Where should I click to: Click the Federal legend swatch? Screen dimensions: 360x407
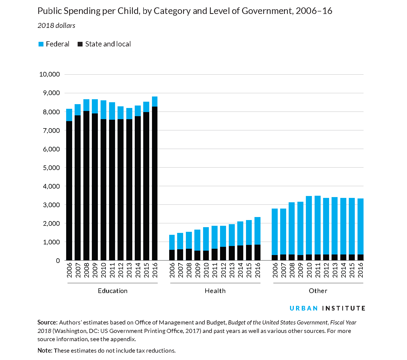pyautogui.click(x=41, y=44)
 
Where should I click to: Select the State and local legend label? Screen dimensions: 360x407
pyautogui.click(x=108, y=44)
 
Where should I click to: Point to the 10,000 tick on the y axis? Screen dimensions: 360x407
pyautogui.click(x=49, y=74)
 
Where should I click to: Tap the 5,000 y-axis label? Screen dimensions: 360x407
pyautogui.click(x=51, y=168)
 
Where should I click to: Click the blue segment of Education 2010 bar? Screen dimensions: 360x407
pyautogui.click(x=103, y=110)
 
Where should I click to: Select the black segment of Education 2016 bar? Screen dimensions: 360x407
pyautogui.click(x=155, y=183)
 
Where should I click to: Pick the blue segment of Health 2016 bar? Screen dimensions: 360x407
pyautogui.click(x=257, y=231)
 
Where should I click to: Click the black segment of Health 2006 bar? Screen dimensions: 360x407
pyautogui.click(x=172, y=255)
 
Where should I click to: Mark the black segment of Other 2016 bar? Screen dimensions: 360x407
pyautogui.click(x=361, y=257)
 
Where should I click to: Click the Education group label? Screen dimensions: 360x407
pyautogui.click(x=113, y=291)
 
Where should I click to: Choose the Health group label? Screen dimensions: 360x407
pyautogui.click(x=215, y=291)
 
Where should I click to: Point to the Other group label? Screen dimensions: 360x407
pyautogui.click(x=318, y=291)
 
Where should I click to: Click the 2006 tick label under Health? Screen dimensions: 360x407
pyautogui.click(x=172, y=270)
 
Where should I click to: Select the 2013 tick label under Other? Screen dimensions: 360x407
pyautogui.click(x=335, y=270)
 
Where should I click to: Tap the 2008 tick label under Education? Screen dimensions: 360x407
pyautogui.click(x=86, y=270)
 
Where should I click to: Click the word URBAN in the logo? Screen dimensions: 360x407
pyautogui.click(x=303, y=308)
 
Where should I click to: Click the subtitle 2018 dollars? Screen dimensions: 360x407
pyautogui.click(x=56, y=26)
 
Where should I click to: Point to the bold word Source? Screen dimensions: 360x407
pyautogui.click(x=47, y=323)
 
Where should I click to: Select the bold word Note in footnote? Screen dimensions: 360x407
pyautogui.click(x=45, y=350)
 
